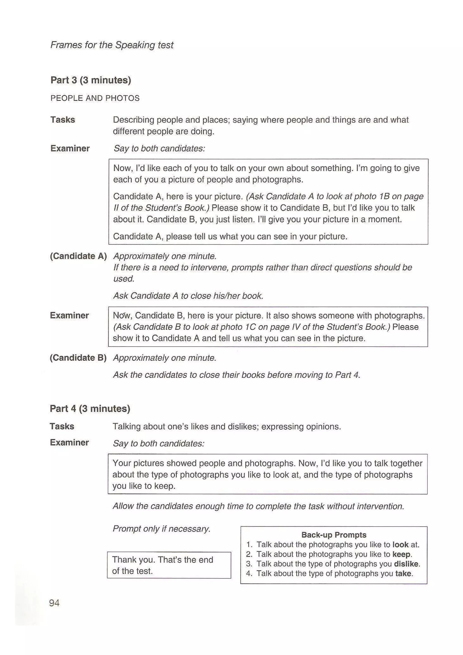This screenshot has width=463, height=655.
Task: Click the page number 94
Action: pos(54,603)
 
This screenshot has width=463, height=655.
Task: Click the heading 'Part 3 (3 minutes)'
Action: pos(91,80)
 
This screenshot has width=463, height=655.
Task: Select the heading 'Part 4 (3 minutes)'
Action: pos(90,408)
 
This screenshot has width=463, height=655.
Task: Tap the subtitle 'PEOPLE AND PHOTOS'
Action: pos(95,98)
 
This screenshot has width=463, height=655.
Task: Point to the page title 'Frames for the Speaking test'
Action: pos(112,45)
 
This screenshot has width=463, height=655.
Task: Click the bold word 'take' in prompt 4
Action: pos(403,573)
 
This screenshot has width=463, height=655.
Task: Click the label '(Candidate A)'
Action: pos(78,256)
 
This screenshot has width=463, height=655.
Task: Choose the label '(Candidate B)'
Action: pos(78,358)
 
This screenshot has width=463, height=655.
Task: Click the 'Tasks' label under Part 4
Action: pos(62,426)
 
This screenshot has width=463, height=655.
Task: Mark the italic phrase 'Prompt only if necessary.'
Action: pos(162,529)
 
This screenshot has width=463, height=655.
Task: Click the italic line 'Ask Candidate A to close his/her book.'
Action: pos(188,296)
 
